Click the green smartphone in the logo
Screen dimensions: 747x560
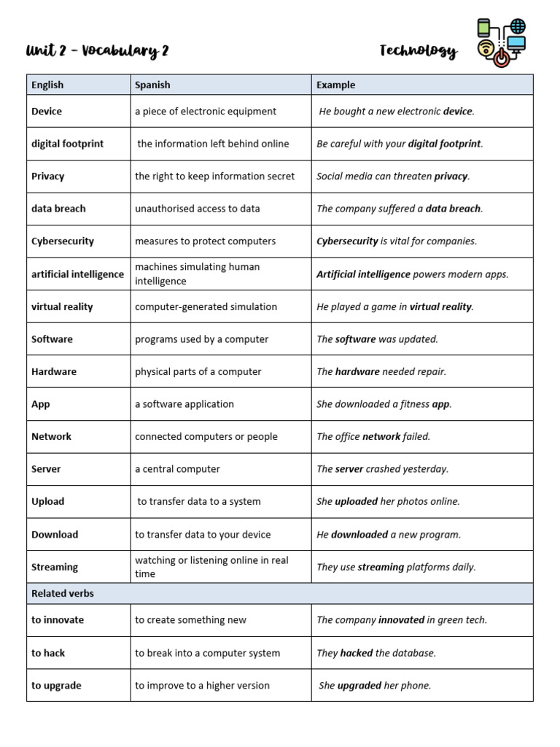483,28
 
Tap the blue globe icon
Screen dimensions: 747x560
518,27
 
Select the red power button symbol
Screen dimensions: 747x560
501,58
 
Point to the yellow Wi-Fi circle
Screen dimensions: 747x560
486,50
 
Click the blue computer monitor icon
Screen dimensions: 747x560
516,45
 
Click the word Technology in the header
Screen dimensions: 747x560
418,50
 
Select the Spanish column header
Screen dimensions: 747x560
152,85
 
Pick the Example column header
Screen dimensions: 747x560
335,85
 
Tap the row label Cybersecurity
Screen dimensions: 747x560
63,241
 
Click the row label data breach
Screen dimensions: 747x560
58,209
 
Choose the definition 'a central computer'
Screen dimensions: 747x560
177,469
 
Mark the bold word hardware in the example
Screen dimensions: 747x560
357,371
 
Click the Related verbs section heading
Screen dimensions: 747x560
63,593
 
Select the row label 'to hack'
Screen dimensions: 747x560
48,653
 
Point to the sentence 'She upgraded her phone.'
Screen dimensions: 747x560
375,686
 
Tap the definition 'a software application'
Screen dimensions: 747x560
184,404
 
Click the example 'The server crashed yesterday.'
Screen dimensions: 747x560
383,469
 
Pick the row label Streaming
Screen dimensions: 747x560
55,567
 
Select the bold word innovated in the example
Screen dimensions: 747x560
401,620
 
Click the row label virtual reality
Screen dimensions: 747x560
62,306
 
